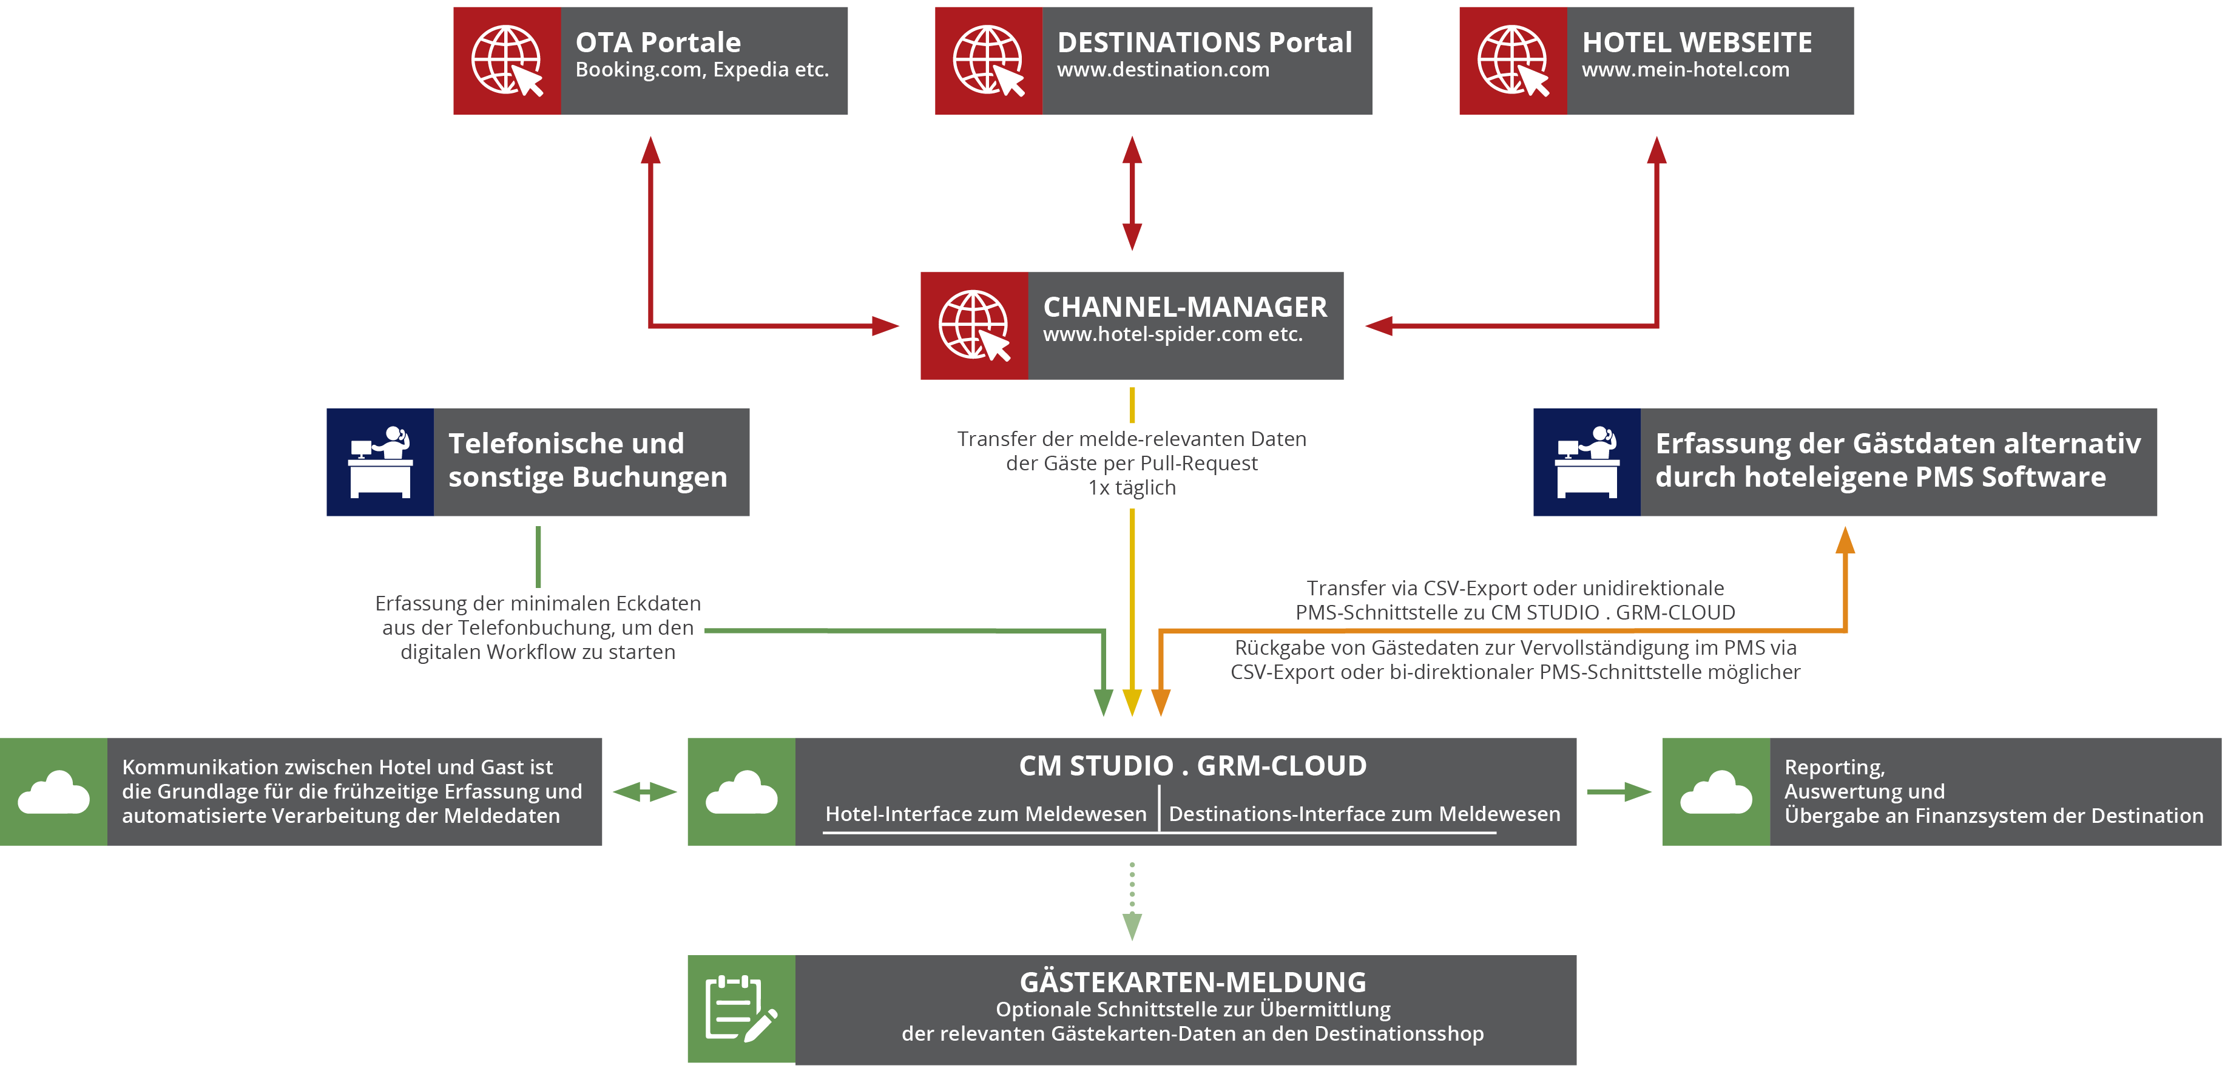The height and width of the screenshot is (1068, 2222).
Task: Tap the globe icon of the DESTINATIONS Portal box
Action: point(988,61)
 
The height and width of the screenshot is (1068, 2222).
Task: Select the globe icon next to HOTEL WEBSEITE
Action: point(1513,61)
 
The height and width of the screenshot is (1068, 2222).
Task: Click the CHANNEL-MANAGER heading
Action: point(1184,307)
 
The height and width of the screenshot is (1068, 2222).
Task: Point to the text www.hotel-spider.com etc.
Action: point(1172,335)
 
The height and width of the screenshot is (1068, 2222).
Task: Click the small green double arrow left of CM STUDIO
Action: point(644,791)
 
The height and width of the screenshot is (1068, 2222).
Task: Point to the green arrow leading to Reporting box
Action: point(1619,791)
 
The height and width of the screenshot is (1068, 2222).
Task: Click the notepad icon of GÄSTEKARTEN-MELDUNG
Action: point(741,1009)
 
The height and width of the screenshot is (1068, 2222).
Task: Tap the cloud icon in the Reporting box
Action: point(1716,792)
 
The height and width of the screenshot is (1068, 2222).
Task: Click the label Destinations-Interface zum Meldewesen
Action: point(1364,814)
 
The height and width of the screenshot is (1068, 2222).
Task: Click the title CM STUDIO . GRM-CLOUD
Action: point(1192,766)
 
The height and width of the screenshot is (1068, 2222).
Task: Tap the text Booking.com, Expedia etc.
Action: point(701,70)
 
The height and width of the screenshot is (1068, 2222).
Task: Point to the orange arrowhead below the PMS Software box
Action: point(1845,541)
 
